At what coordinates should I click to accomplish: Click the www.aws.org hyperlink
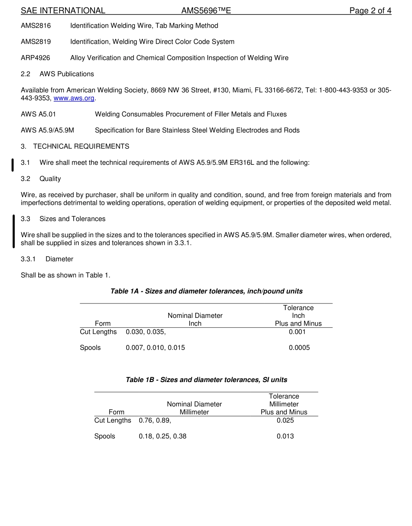(x=74, y=98)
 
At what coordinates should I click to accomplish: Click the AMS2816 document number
(x=36, y=26)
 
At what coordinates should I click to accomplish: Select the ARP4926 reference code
(x=36, y=58)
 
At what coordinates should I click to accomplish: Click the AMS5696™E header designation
(x=206, y=11)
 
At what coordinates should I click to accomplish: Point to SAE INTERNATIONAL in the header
(x=63, y=11)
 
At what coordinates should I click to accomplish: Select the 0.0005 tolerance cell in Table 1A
(x=299, y=348)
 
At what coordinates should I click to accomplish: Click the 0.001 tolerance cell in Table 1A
(x=297, y=332)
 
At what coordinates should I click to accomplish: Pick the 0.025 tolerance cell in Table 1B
(x=285, y=420)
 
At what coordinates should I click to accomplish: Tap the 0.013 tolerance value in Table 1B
(x=285, y=436)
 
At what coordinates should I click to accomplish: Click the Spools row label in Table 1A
(x=90, y=348)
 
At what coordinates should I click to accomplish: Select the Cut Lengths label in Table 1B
(x=113, y=420)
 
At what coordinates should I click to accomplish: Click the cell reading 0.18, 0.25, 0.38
(x=163, y=436)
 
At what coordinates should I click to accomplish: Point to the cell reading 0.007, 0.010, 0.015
(x=155, y=348)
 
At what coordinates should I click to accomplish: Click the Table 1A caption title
(x=206, y=291)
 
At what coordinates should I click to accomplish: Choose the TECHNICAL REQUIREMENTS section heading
(x=81, y=147)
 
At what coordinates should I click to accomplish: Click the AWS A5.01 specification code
(x=38, y=114)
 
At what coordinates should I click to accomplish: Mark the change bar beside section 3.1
(x=13, y=165)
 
